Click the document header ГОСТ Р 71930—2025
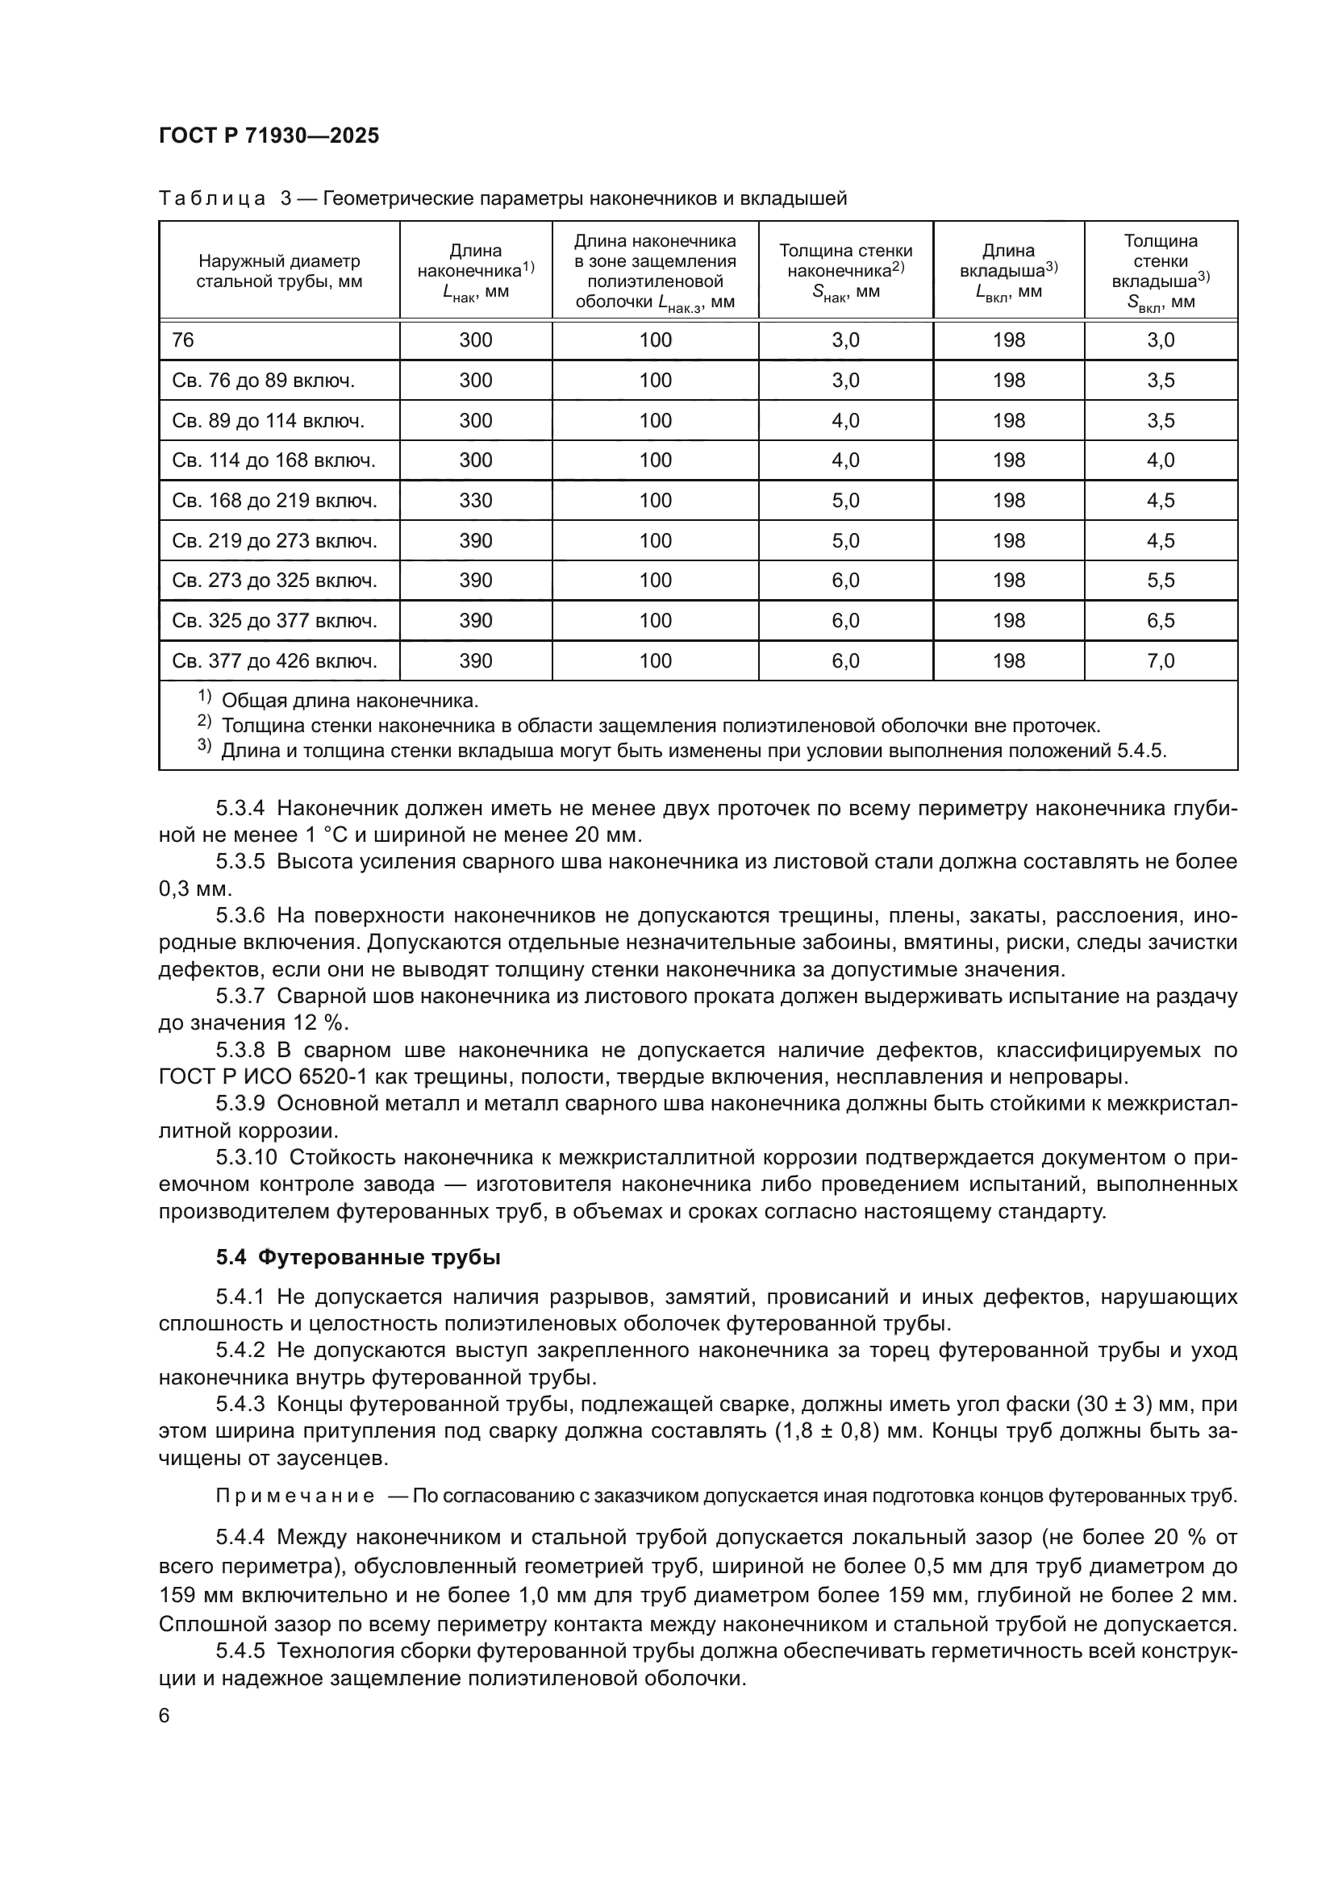[x=269, y=136]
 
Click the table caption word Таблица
[x=211, y=199]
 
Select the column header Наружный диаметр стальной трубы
[x=279, y=271]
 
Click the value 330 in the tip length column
[x=476, y=500]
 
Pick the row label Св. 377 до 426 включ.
[x=274, y=660]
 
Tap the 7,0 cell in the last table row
[x=1160, y=660]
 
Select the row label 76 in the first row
[x=183, y=340]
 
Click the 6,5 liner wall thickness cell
[x=1160, y=620]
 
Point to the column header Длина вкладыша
[x=1008, y=270]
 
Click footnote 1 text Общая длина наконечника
[x=350, y=701]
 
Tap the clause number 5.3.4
[x=240, y=808]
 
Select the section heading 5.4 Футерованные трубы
[x=358, y=1258]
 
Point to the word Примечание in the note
[x=295, y=1496]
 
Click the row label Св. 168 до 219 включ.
[x=274, y=500]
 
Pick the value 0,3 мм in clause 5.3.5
[x=195, y=889]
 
